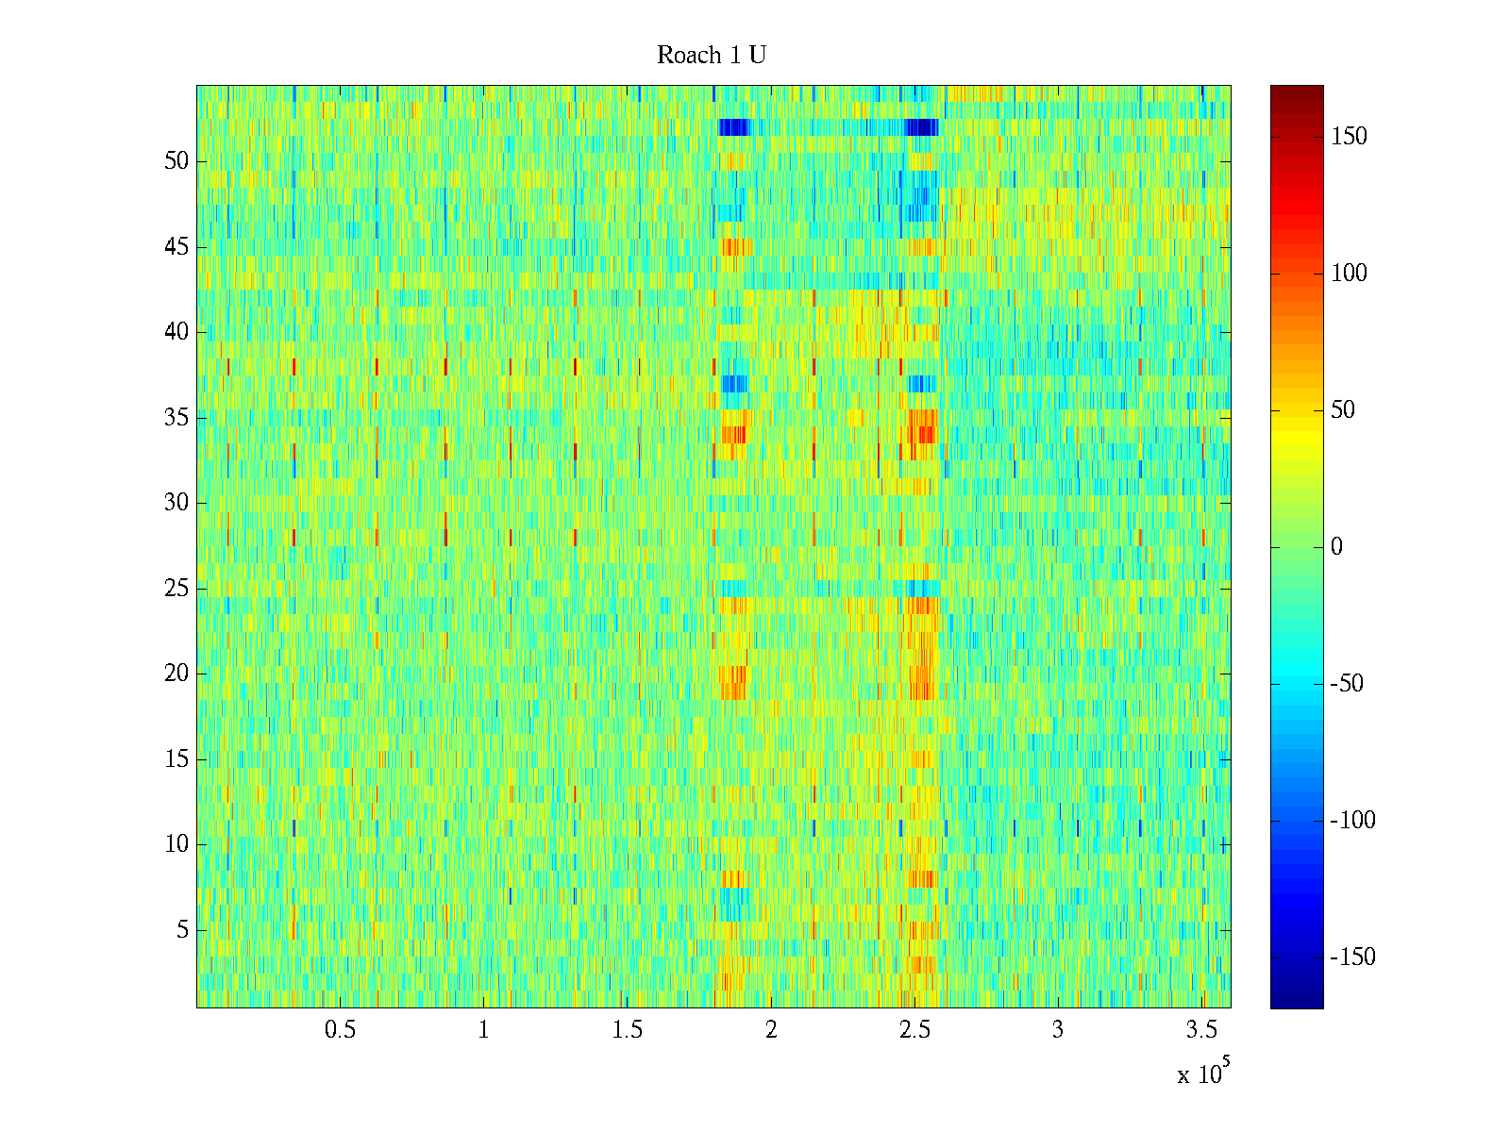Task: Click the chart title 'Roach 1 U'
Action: coord(711,56)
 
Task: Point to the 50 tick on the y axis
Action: coord(176,161)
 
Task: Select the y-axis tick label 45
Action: coord(176,247)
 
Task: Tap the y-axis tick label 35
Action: coord(176,418)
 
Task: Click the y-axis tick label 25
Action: coord(176,589)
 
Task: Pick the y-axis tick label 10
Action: coord(176,844)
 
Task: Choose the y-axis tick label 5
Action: coord(182,930)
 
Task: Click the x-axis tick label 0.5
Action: coord(341,1030)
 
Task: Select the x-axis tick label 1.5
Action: coord(628,1030)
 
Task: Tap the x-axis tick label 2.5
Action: coord(914,1030)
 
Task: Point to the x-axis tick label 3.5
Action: coord(1201,1030)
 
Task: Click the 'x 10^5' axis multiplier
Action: coord(1202,1073)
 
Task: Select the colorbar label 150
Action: coord(1349,137)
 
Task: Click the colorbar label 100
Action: coord(1349,274)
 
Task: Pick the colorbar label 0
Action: coord(1336,547)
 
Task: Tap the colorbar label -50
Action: coord(1347,684)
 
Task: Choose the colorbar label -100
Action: coord(1352,821)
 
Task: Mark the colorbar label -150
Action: coord(1352,957)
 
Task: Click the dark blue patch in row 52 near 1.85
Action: coord(733,127)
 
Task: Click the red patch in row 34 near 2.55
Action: coord(923,435)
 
